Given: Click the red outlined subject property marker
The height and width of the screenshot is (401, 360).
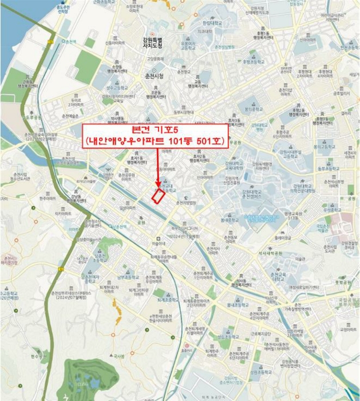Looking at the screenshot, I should (x=158, y=195).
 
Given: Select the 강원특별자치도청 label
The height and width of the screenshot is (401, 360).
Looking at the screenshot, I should (x=152, y=42).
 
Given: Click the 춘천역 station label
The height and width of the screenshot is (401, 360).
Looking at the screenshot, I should (x=70, y=42).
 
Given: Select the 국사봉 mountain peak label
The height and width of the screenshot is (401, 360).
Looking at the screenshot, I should (x=118, y=357).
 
